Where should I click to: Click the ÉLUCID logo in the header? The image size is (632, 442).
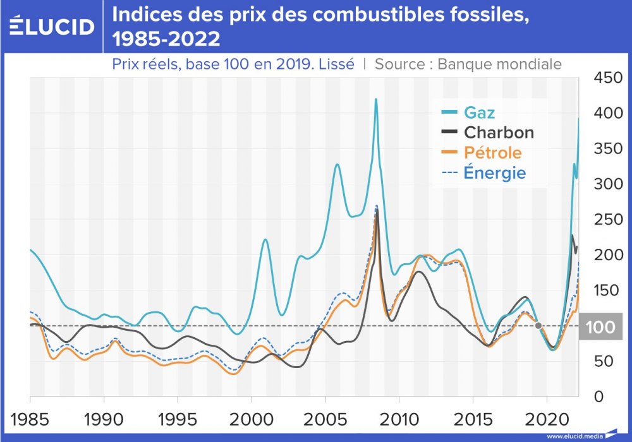(52, 26)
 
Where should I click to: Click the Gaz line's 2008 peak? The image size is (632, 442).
(376, 100)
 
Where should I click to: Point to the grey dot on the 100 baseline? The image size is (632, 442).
(538, 326)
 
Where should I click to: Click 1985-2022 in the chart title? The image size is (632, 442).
(166, 39)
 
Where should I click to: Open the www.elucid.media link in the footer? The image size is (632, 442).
(574, 436)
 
